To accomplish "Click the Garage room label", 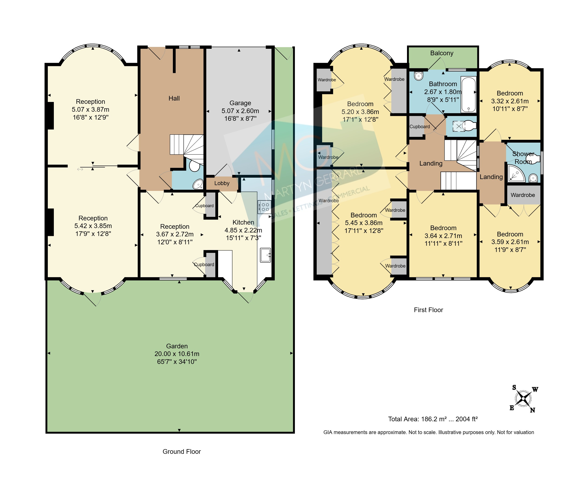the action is pyautogui.click(x=240, y=103).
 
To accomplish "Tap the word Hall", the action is pyautogui.click(x=174, y=98).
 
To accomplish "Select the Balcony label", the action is pyautogui.click(x=442, y=53).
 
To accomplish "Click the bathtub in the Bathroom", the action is pyautogui.click(x=468, y=94).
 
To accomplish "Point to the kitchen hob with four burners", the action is pyautogui.click(x=264, y=207).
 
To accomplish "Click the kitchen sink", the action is pyautogui.click(x=265, y=255).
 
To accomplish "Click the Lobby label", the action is pyautogui.click(x=222, y=183).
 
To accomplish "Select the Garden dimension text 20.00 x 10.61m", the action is pyautogui.click(x=177, y=354).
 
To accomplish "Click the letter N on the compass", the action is pyautogui.click(x=532, y=410).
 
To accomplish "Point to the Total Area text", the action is pyautogui.click(x=433, y=419).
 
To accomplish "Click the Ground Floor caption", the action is pyautogui.click(x=181, y=451).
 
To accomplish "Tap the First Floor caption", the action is pyautogui.click(x=428, y=310).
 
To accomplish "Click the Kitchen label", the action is pyautogui.click(x=243, y=222).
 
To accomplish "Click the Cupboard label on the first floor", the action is pyautogui.click(x=420, y=126).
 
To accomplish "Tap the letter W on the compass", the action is pyautogui.click(x=535, y=389).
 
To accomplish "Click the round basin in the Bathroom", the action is pyautogui.click(x=418, y=76).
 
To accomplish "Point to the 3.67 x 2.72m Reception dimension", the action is pyautogui.click(x=175, y=234).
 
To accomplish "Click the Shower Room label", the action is pyautogui.click(x=523, y=158).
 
